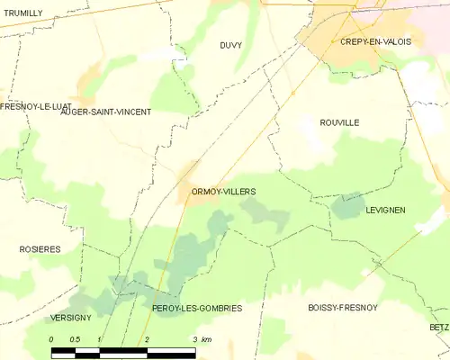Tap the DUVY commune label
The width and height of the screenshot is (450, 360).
tap(230, 44)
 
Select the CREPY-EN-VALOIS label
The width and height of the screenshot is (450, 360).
tap(369, 41)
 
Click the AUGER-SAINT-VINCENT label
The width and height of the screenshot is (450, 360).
tap(105, 112)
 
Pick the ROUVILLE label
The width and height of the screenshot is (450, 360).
tap(339, 122)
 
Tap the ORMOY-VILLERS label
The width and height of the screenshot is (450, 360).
tap(223, 192)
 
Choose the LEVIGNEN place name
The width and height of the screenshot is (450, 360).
tap(386, 210)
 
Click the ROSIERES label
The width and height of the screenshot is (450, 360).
tap(40, 248)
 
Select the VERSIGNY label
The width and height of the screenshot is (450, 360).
tap(70, 319)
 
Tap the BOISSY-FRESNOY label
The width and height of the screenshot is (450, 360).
tap(342, 307)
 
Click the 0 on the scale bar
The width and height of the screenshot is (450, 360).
tap(51, 339)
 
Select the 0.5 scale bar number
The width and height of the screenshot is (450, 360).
tap(76, 339)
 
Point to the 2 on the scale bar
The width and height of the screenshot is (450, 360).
tap(147, 339)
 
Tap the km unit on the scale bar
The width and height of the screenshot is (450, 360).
tap(206, 339)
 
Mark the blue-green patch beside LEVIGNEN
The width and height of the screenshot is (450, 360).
tap(347, 205)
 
